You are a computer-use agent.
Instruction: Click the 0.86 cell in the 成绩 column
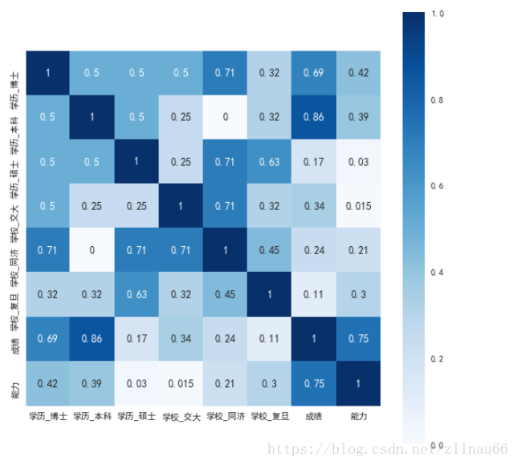(x=315, y=117)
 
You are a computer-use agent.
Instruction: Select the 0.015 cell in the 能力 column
(x=359, y=205)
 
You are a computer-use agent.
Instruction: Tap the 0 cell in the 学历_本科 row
(x=226, y=117)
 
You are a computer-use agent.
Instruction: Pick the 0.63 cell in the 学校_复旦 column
(x=271, y=161)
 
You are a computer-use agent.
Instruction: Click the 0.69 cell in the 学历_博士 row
(x=315, y=73)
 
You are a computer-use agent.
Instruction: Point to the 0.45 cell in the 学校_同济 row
(x=271, y=250)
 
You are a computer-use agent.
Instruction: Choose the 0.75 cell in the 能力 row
(x=315, y=383)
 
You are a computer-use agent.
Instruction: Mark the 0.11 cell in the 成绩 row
(x=271, y=338)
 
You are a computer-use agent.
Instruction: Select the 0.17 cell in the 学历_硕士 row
(x=315, y=161)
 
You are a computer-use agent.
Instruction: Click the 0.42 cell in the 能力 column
(x=359, y=73)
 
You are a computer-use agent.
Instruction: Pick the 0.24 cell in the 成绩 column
(x=315, y=250)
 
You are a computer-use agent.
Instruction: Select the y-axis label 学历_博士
(x=14, y=73)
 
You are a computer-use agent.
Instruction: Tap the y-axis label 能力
(x=14, y=383)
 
